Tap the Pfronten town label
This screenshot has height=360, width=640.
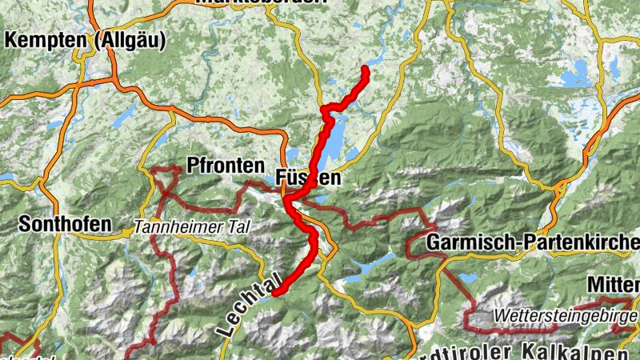pyautogui.click(x=225, y=166)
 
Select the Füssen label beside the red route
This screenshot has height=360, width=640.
pyautogui.click(x=309, y=178)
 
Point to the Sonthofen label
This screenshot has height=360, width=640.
pyautogui.click(x=65, y=224)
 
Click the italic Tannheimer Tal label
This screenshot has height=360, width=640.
pyautogui.click(x=192, y=227)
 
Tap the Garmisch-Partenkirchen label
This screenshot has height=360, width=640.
pyautogui.click(x=533, y=242)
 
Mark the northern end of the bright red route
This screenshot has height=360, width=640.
pyautogui.click(x=366, y=70)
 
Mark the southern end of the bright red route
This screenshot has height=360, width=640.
pyautogui.click(x=274, y=294)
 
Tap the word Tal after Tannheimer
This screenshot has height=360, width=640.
pyautogui.click(x=238, y=227)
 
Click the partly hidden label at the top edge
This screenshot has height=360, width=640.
pyautogui.click(x=262, y=2)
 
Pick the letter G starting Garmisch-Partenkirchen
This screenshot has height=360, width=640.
pyautogui.click(x=434, y=242)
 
